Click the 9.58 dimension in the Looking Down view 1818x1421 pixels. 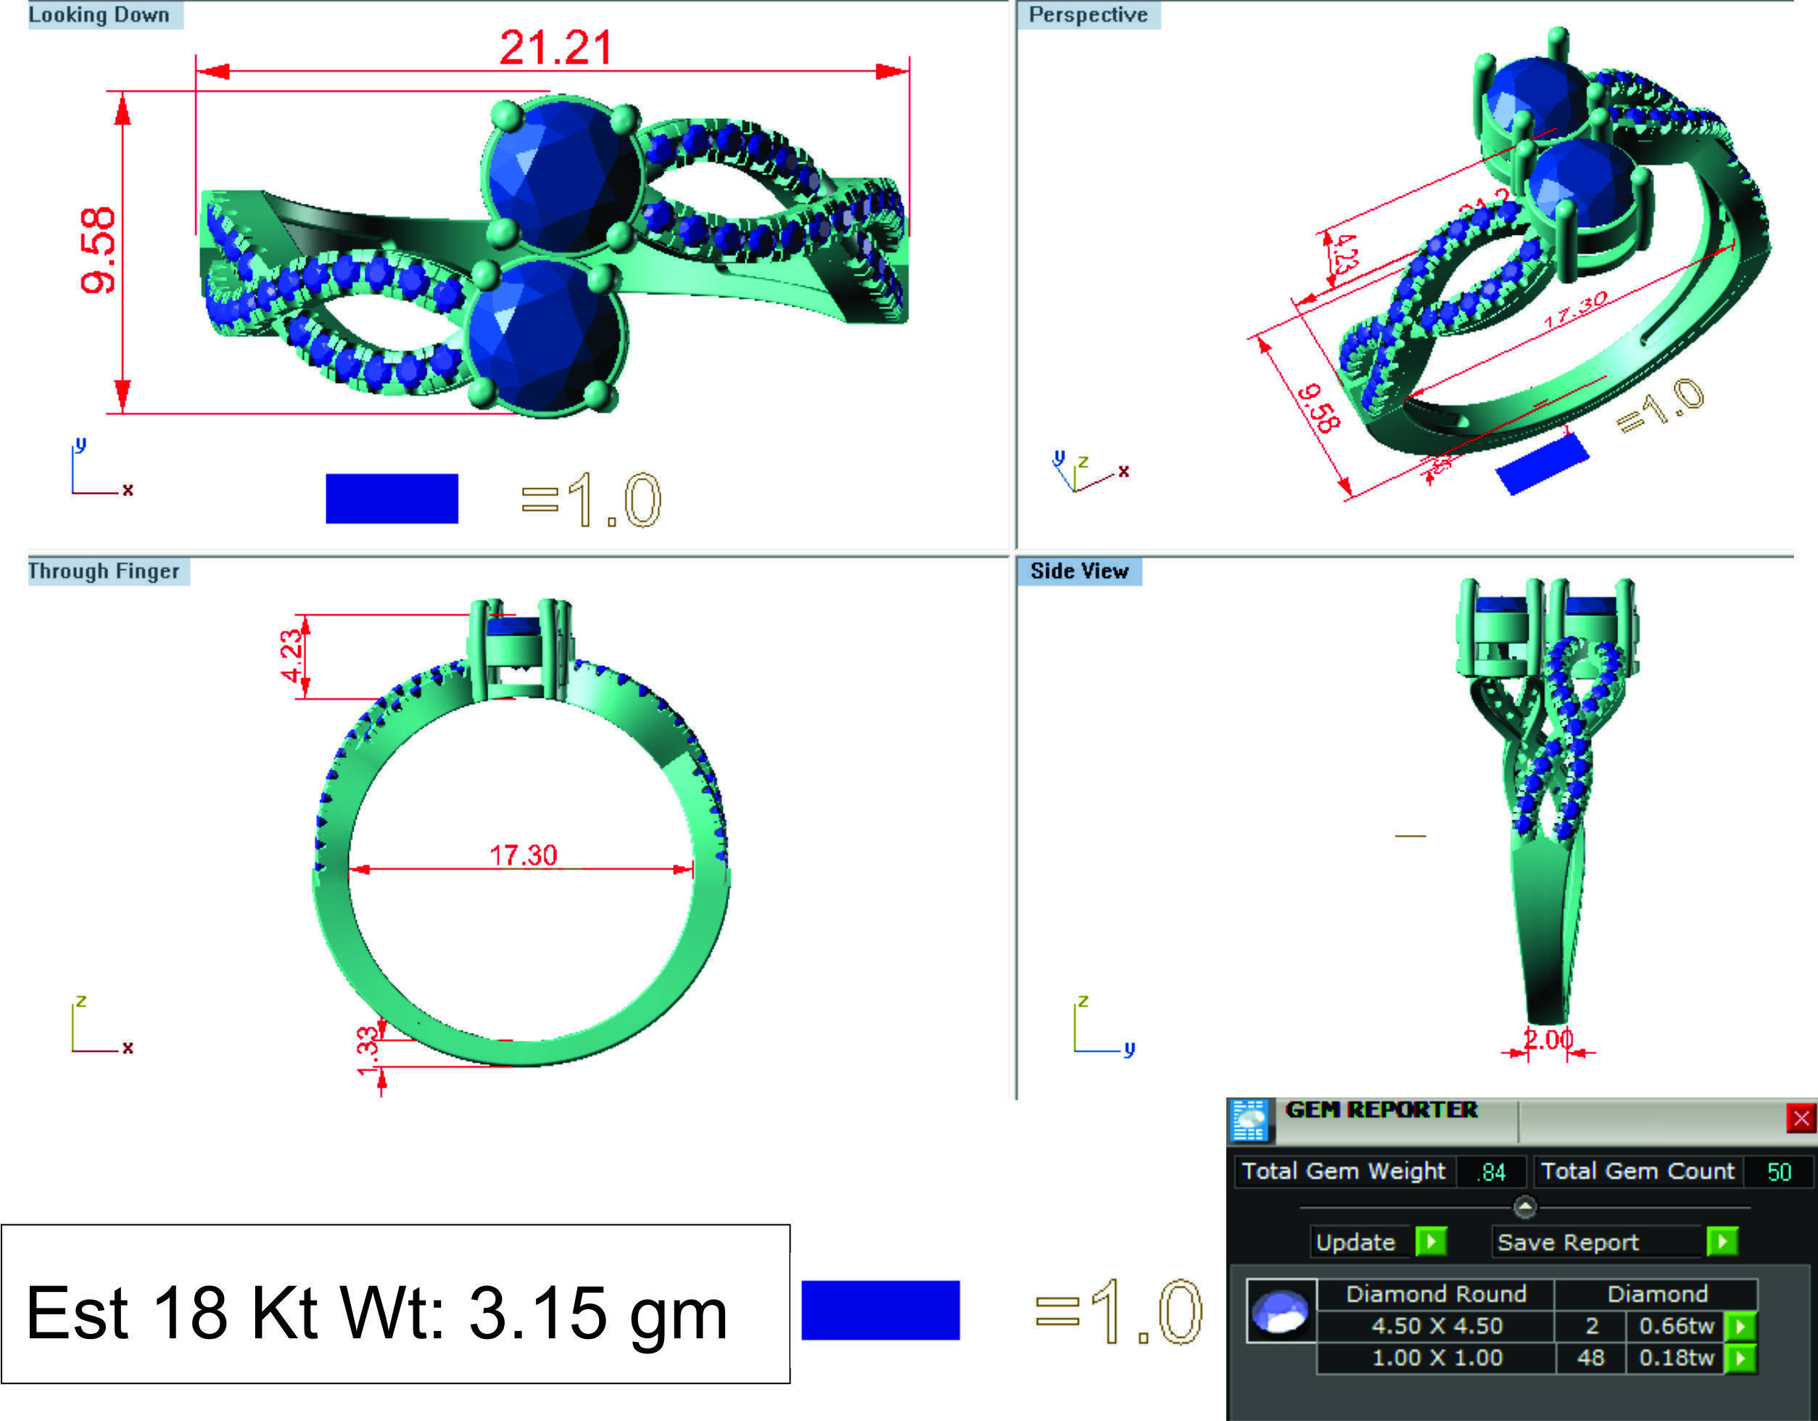98,250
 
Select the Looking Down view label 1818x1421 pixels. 100,15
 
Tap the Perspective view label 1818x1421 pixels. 1088,15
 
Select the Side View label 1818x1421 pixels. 1079,571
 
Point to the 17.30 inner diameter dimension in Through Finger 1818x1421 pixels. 523,855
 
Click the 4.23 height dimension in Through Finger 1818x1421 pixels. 292,656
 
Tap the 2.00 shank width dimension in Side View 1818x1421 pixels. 1548,1039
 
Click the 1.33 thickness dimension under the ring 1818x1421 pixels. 367,1050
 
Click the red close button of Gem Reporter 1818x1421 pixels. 1801,1118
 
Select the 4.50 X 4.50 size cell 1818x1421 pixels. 1437,1326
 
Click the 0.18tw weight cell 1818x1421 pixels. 1676,1358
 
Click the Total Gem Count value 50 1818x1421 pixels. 1779,1172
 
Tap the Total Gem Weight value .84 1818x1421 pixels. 1492,1172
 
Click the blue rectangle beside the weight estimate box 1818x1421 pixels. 880,1310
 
